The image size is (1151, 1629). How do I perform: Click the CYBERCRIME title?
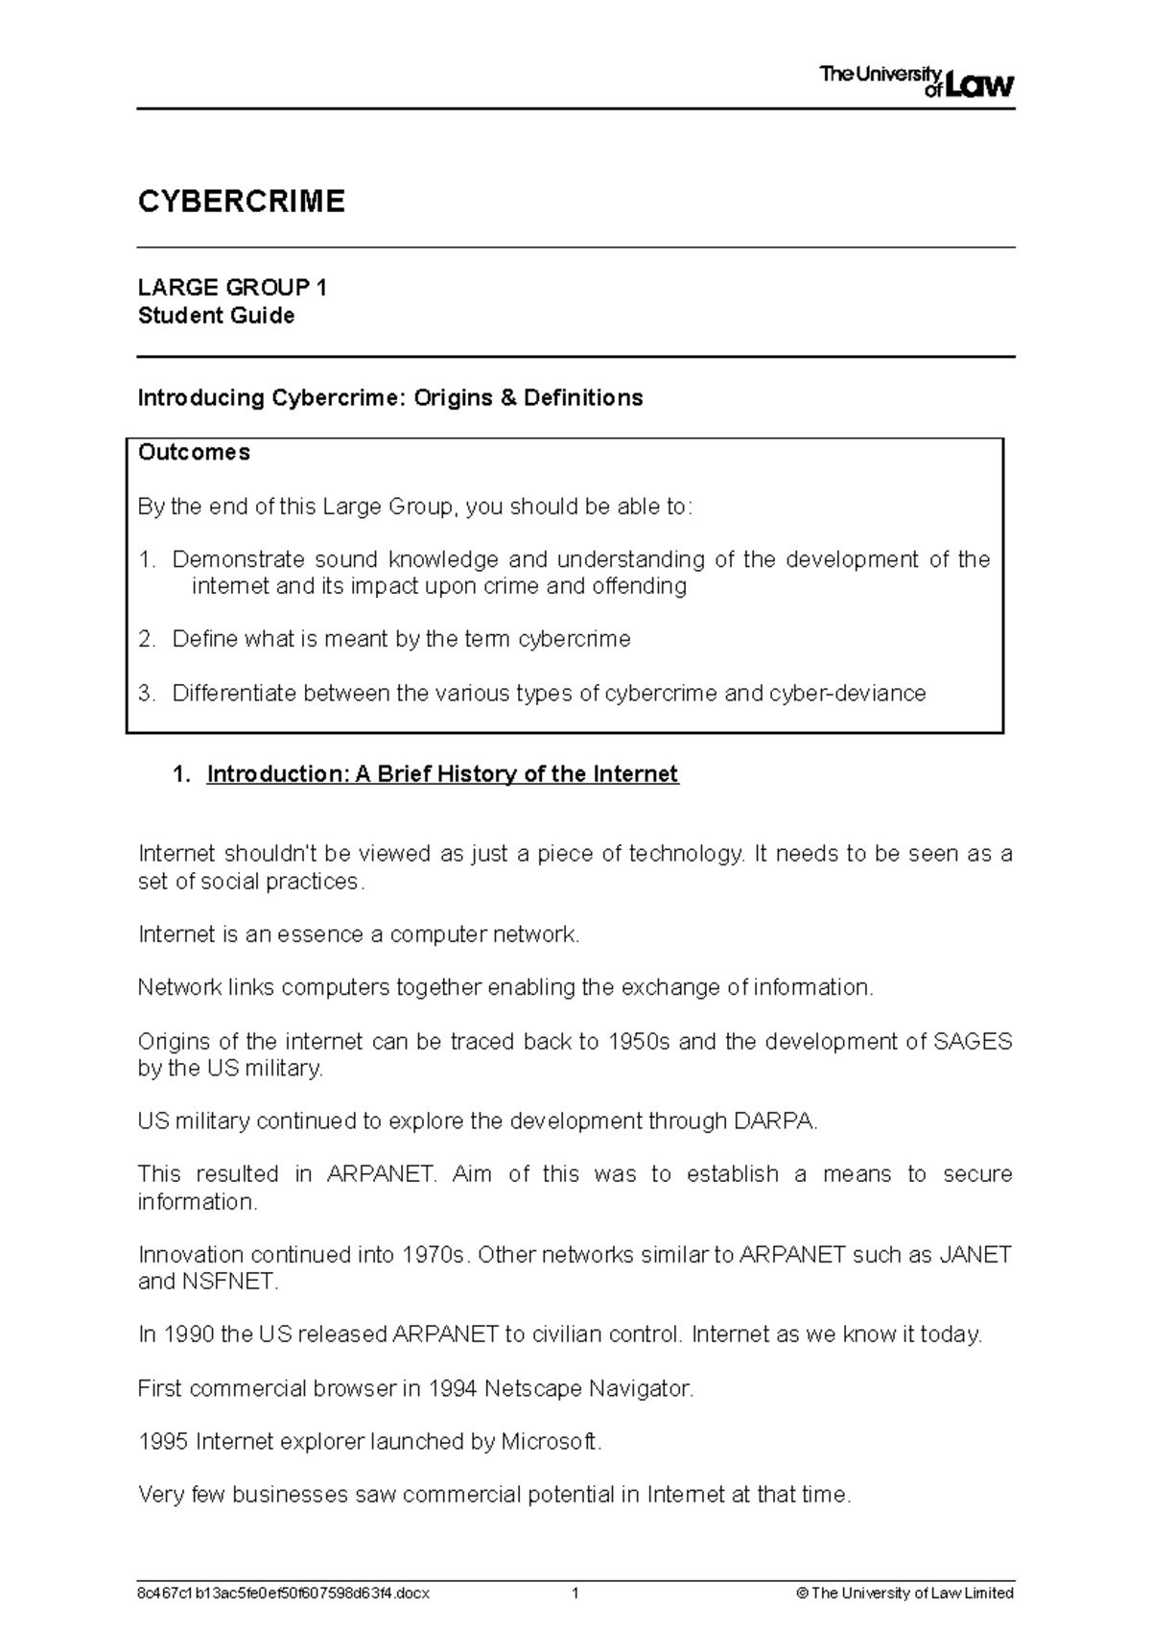[x=241, y=201]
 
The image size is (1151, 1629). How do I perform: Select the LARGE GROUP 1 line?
[x=232, y=288]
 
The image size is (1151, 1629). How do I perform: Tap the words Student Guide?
[x=216, y=316]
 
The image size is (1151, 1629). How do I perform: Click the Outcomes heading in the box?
[x=194, y=453]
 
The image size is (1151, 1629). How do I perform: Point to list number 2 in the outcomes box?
[x=146, y=639]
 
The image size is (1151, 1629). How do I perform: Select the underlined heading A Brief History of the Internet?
[x=442, y=774]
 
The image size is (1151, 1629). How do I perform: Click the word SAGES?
[x=972, y=1042]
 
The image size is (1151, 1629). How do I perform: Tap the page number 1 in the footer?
[x=575, y=1594]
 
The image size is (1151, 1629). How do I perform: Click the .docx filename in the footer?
[x=284, y=1594]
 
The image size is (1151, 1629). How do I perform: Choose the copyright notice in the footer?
[x=904, y=1594]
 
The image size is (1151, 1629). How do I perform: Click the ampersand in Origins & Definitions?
[x=506, y=398]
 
